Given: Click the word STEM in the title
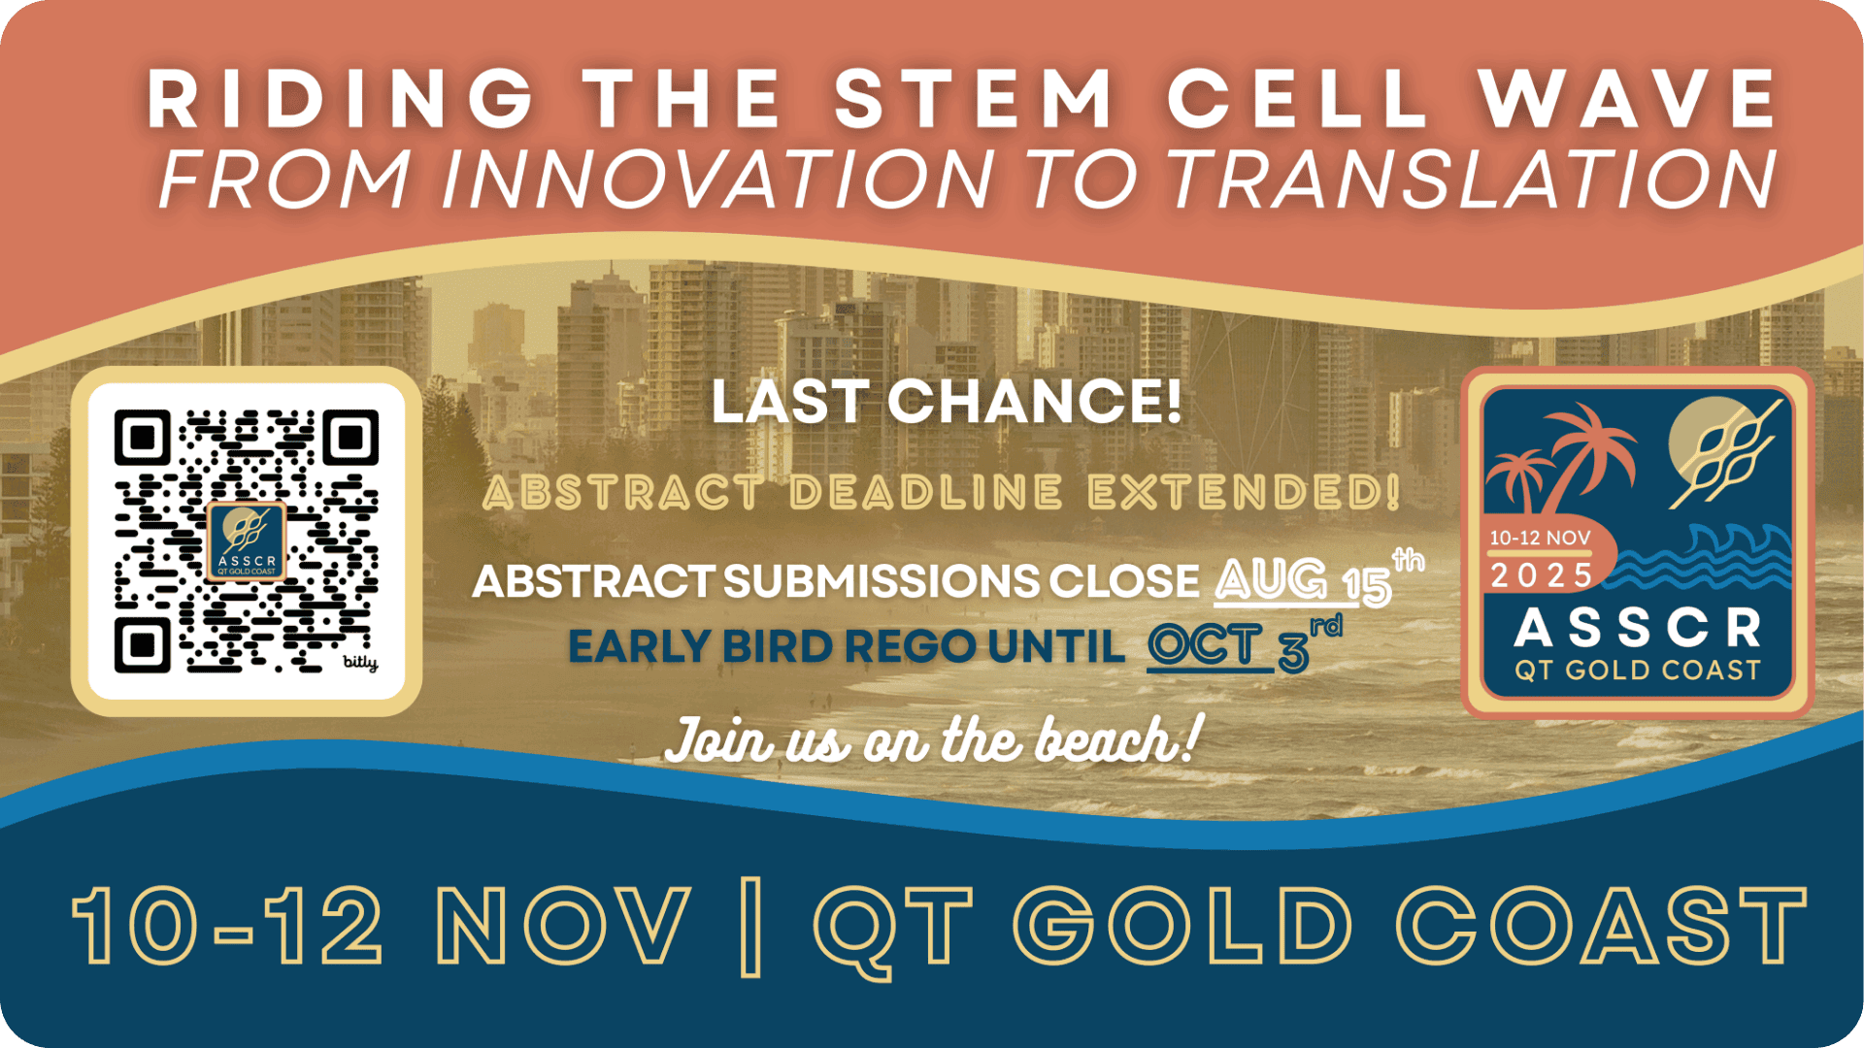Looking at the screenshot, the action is click(x=974, y=98).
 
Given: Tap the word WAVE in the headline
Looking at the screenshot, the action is click(x=1627, y=98).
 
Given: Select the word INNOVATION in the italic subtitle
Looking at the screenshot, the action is click(x=718, y=180).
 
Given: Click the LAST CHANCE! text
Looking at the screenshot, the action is click(x=947, y=401).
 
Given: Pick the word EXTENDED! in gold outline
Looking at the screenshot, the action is click(x=1245, y=492).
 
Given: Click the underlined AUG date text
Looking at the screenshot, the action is click(x=1271, y=580).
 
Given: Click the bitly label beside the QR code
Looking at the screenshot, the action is click(x=360, y=662).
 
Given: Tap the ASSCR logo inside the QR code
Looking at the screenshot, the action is click(x=247, y=541).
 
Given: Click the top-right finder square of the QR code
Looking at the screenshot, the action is click(x=350, y=438).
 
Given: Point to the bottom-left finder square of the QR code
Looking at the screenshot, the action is click(x=143, y=644).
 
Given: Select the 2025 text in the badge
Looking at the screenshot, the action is click(x=1541, y=575).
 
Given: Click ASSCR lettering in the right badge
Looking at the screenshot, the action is click(x=1638, y=628).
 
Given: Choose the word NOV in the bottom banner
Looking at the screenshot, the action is click(x=563, y=925).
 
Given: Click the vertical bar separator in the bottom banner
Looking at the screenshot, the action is click(x=749, y=926).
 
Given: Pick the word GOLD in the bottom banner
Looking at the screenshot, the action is click(x=1188, y=925).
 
